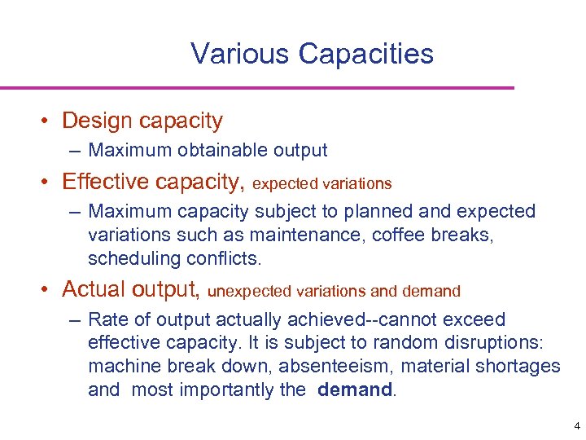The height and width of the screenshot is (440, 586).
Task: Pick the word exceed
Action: (x=475, y=319)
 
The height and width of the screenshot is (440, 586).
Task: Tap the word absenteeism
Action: (x=330, y=367)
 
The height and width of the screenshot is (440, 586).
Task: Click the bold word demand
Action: (x=354, y=390)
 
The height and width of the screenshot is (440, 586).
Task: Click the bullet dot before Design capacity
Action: (x=49, y=121)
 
